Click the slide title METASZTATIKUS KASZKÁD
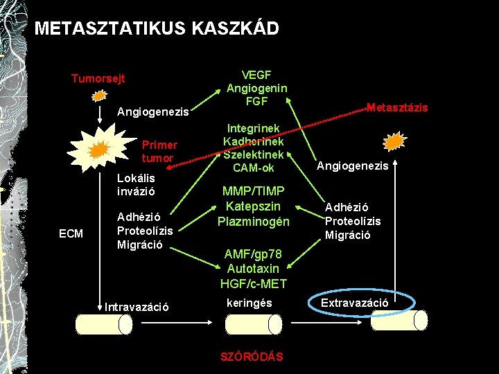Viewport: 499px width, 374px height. point(157,28)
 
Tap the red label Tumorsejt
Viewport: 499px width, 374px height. point(98,79)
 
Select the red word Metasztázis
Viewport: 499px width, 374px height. point(397,107)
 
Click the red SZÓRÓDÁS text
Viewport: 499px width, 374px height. point(252,357)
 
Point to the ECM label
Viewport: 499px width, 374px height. point(71,234)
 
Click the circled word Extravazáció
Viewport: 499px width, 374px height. point(354,303)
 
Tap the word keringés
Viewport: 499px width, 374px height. point(249,303)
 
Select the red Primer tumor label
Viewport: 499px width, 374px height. point(159,152)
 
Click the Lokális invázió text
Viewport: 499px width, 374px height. point(136,184)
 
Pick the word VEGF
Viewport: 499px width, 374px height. point(256,75)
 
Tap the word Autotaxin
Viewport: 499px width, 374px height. point(253,269)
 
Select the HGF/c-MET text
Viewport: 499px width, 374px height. point(253,283)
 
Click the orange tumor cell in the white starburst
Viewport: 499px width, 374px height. point(99,148)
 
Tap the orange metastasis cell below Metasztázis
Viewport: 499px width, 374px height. point(394,142)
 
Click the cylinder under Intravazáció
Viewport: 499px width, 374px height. point(104,324)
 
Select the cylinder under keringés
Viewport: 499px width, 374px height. point(254,324)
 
